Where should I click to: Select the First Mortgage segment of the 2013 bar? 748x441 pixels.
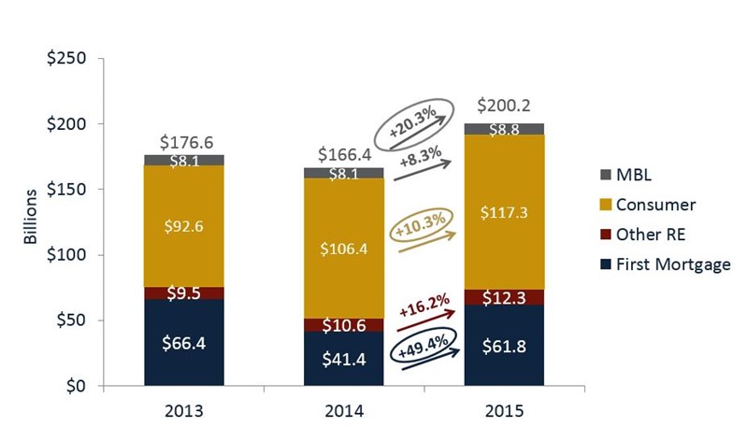(x=185, y=343)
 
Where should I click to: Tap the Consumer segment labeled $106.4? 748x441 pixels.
(x=344, y=249)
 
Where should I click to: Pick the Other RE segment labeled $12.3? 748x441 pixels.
(x=504, y=297)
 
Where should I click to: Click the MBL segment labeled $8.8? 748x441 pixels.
(x=504, y=129)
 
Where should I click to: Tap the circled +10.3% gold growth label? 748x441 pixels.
(x=423, y=225)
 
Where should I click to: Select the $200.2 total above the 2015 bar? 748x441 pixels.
(x=504, y=106)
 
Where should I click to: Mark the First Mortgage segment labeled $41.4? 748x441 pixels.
(x=344, y=359)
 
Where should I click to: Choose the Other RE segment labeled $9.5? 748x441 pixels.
(x=185, y=293)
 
